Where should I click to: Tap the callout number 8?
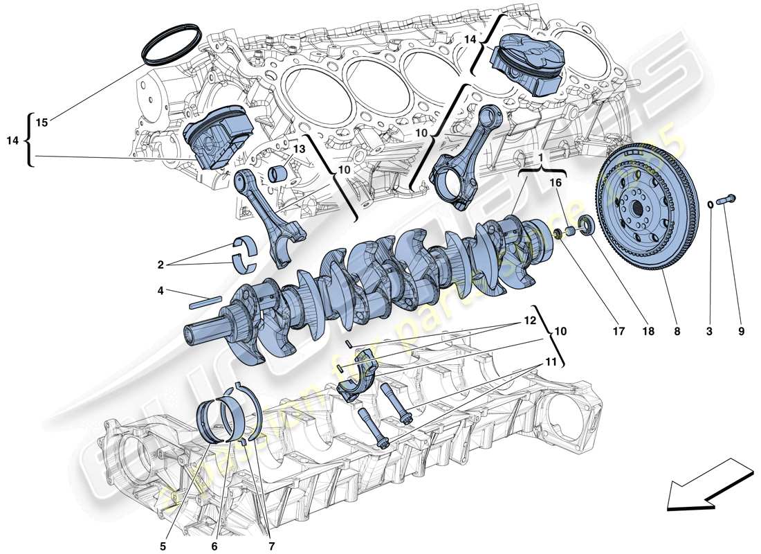tap(677, 332)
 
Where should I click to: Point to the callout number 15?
tap(42, 123)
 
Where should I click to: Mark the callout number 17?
tap(618, 332)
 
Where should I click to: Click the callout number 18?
tap(648, 332)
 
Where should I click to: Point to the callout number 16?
tap(556, 183)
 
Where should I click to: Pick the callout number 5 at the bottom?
tap(163, 546)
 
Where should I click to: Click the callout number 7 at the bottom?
tap(271, 546)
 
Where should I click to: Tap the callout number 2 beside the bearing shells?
tap(161, 264)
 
